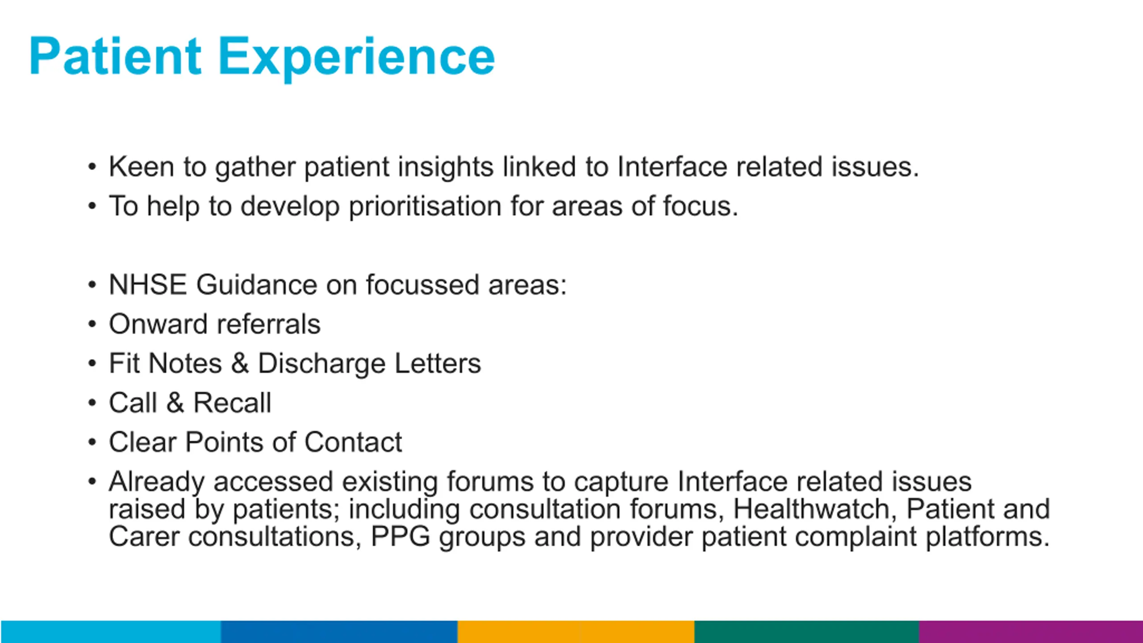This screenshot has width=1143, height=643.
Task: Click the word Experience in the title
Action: [356, 59]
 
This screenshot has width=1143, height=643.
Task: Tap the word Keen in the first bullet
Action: [142, 167]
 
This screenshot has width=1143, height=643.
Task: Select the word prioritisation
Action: [425, 207]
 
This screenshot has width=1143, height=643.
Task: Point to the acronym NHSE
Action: [148, 285]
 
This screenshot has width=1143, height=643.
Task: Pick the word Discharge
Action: [322, 364]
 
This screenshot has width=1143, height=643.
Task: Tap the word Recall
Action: [232, 403]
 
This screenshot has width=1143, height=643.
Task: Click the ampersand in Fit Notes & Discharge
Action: [240, 363]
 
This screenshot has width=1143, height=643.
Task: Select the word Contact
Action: [353, 442]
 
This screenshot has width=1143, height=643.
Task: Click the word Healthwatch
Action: [812, 509]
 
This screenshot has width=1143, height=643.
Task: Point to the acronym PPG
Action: [400, 536]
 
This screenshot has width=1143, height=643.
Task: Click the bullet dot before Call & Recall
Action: [92, 403]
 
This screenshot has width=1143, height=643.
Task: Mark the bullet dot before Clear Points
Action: [92, 442]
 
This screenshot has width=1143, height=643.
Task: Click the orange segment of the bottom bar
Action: [576, 632]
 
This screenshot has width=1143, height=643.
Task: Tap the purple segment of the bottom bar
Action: [1031, 632]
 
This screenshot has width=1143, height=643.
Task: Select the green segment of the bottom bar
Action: [807, 632]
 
